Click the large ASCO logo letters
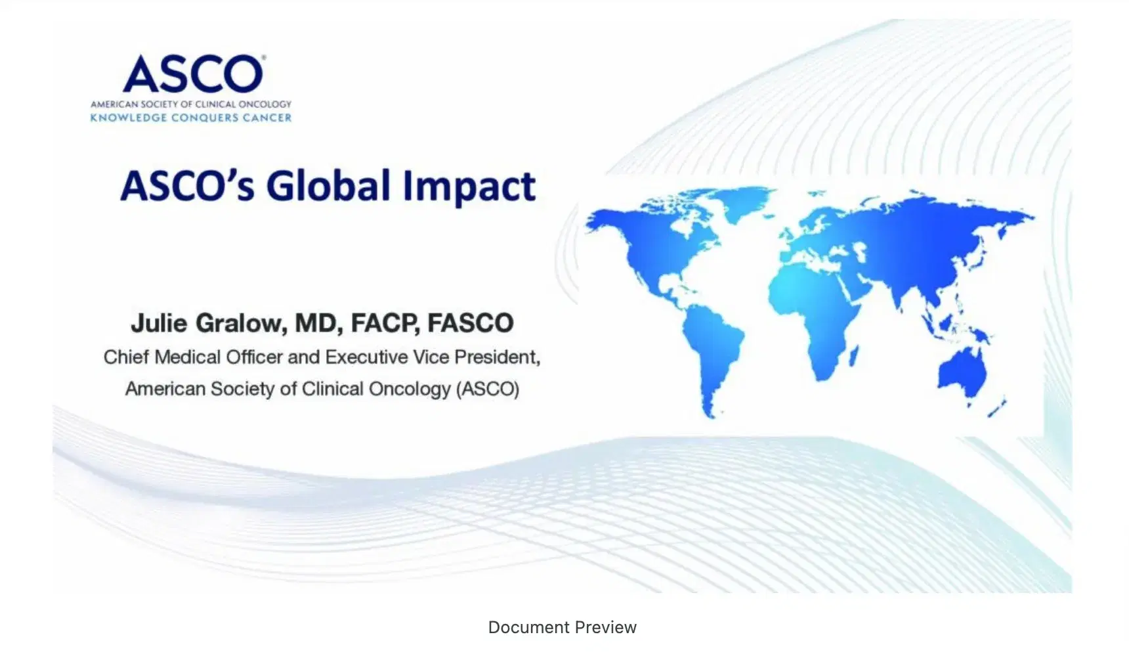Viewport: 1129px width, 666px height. click(x=194, y=74)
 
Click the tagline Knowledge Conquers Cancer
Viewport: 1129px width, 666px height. click(x=191, y=118)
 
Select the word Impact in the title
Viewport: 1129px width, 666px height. click(x=469, y=187)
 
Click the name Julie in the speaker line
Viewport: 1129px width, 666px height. click(x=158, y=323)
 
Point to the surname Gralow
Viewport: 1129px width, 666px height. click(x=240, y=323)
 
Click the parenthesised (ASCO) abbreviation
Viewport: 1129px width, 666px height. click(x=488, y=389)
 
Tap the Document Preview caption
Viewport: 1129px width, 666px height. click(x=563, y=627)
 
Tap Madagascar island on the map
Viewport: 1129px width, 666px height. click(x=855, y=357)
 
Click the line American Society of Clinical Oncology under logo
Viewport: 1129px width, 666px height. click(x=191, y=104)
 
